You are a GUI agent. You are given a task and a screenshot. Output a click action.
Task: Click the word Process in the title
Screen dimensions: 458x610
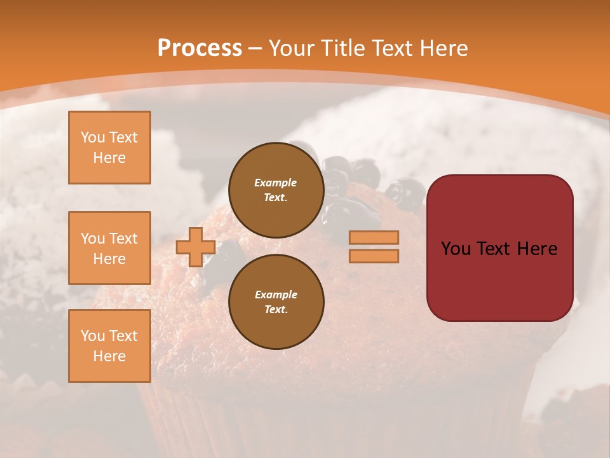(200, 48)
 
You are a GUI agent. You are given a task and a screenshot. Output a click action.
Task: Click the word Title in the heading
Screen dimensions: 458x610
(344, 48)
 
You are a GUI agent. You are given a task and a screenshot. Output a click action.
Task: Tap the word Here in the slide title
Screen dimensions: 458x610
(443, 48)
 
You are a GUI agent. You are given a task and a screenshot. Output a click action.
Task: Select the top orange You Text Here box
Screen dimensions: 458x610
(109, 148)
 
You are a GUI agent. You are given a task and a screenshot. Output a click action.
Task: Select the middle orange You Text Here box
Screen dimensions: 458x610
(109, 248)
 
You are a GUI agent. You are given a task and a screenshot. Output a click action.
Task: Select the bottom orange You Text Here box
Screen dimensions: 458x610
(109, 346)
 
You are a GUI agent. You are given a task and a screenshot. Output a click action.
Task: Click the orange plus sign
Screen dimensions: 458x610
(195, 247)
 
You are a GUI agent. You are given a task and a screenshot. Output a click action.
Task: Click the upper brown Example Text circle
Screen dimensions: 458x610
(276, 190)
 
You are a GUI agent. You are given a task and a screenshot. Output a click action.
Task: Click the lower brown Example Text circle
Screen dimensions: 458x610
(276, 302)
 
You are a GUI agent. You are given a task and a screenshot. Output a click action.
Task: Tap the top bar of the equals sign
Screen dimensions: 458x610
(374, 237)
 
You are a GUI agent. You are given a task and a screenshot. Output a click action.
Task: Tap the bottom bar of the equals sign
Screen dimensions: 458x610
(374, 256)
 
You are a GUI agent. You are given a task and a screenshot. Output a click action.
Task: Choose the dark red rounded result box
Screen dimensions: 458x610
(499, 248)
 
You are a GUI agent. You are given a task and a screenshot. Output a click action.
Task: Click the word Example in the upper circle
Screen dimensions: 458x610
(276, 183)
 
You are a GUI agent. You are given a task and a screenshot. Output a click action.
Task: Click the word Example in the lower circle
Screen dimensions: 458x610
(276, 295)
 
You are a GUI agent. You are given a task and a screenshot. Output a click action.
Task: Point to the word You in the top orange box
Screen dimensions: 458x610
(92, 137)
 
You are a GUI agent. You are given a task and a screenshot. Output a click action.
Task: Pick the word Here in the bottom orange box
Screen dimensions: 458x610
(109, 356)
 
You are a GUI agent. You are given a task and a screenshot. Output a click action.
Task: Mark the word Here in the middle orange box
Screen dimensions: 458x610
(109, 259)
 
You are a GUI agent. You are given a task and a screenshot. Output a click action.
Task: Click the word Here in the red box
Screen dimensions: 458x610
(537, 249)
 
